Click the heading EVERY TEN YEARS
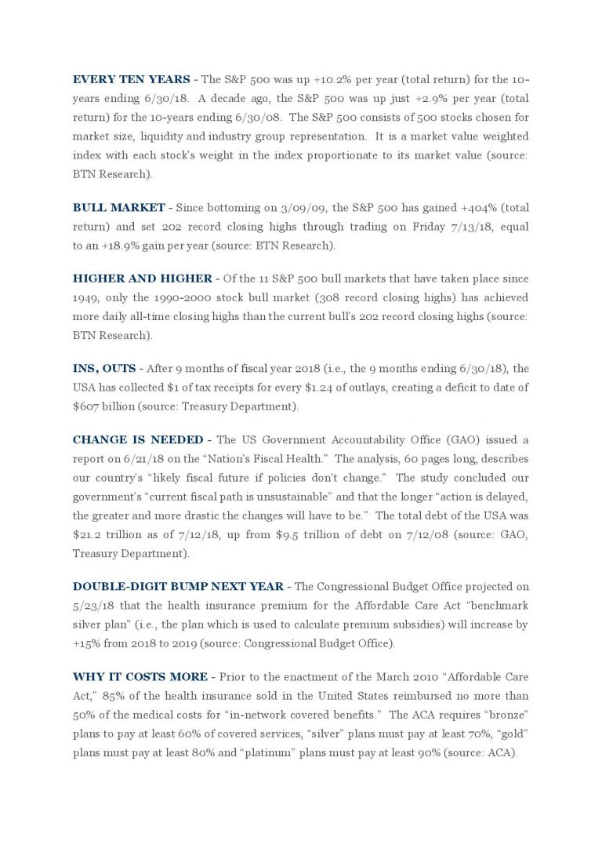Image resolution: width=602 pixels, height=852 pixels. coord(131,80)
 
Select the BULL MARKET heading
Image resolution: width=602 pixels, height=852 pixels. coord(118,208)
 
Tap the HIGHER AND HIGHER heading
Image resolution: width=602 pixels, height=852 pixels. coord(142,279)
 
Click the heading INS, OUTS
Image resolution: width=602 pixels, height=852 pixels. coord(105,368)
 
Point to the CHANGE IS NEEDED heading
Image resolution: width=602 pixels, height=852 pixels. coord(138,440)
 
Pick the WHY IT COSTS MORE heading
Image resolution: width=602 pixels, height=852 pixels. coord(140,677)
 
